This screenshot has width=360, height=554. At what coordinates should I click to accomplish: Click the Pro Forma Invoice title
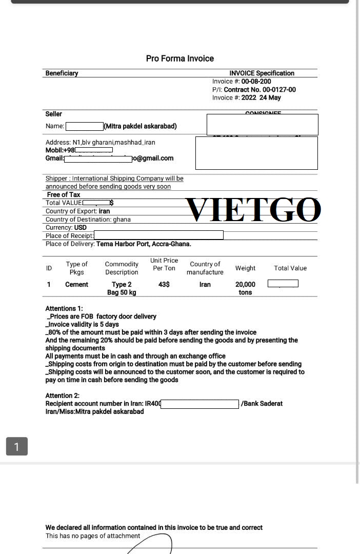[179, 58]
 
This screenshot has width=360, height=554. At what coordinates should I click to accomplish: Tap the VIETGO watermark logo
[253, 210]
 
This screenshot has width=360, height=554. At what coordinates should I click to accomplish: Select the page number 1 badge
[16, 446]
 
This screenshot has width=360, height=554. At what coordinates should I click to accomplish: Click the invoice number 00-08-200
[256, 82]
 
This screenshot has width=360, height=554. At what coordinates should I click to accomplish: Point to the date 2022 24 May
[261, 97]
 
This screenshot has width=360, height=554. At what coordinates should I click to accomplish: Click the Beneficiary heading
[62, 73]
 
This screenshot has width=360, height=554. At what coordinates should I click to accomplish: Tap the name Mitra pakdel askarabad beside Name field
[141, 126]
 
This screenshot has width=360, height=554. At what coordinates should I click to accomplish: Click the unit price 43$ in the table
[164, 284]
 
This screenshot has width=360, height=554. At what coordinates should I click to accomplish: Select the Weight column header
[245, 268]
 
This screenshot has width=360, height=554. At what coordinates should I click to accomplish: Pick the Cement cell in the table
[76, 284]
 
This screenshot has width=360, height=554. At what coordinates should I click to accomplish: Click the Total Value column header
[290, 268]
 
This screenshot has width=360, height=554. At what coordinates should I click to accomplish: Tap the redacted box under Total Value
[283, 284]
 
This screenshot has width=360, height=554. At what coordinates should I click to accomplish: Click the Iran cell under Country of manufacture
[205, 284]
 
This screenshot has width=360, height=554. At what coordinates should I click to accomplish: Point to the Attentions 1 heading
[64, 309]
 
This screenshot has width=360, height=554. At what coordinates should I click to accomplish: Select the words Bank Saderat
[264, 404]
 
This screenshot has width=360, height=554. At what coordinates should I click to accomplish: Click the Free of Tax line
[64, 195]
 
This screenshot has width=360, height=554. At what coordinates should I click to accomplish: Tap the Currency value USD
[81, 227]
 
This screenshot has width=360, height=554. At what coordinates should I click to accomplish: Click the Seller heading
[53, 114]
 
